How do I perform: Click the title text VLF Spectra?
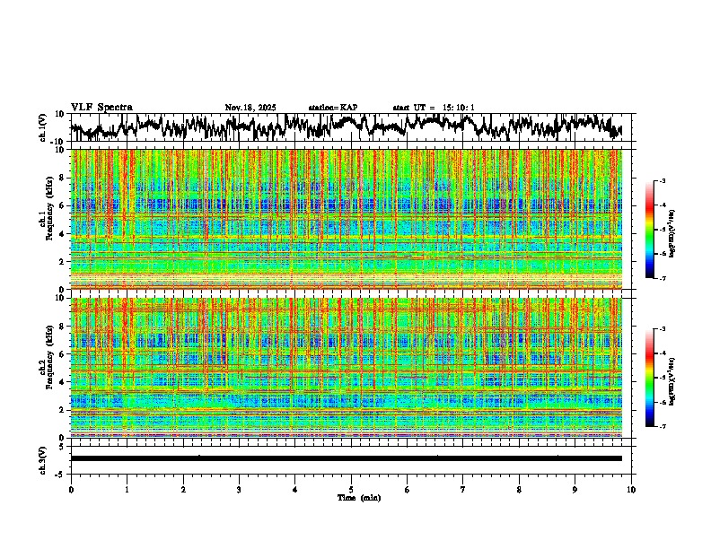pyautogui.click(x=101, y=107)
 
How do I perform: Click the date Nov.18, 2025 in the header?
pyautogui.click(x=250, y=108)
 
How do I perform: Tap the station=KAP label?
pyautogui.click(x=332, y=108)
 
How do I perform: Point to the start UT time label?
pyautogui.click(x=433, y=108)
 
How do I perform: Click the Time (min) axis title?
pyautogui.click(x=358, y=497)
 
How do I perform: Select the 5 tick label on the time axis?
pyautogui.click(x=351, y=489)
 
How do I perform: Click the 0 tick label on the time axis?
pyautogui.click(x=71, y=489)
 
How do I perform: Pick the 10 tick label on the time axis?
pyautogui.click(x=631, y=489)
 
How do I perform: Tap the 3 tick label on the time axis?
pyautogui.click(x=239, y=489)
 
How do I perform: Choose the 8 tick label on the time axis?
pyautogui.click(x=519, y=489)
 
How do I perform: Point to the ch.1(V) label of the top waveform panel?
pyautogui.click(x=42, y=127)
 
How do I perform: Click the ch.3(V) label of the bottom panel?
pyautogui.click(x=42, y=458)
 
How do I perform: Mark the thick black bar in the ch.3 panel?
pyautogui.click(x=346, y=458)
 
